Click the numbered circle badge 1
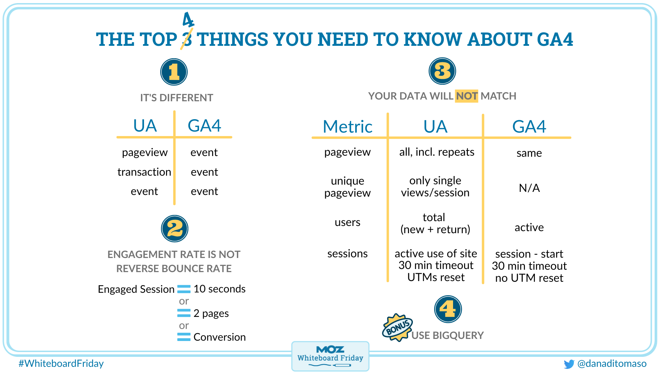[174, 72]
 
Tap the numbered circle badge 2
[175, 229]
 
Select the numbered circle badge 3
[442, 71]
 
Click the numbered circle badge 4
[448, 309]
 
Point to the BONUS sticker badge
[397, 327]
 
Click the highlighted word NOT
[466, 96]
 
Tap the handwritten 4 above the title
[188, 20]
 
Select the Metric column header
[348, 126]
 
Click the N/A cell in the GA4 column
[529, 188]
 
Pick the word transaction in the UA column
[144, 172]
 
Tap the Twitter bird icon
[569, 364]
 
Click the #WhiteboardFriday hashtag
[61, 363]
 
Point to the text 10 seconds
[219, 289]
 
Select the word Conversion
[219, 337]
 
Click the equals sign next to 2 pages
[184, 313]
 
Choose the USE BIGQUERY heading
[448, 335]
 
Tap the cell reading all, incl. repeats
[437, 152]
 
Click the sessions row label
[348, 254]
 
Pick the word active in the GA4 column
[529, 227]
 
